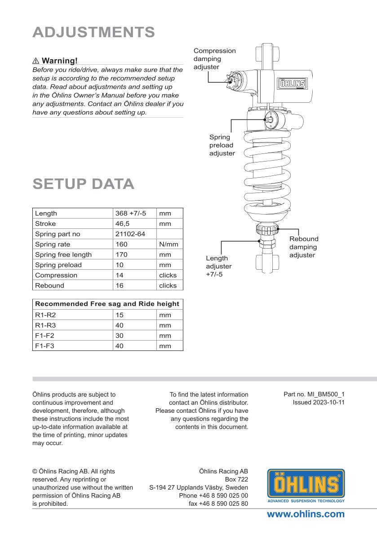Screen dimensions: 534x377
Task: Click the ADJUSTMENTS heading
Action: coord(93,32)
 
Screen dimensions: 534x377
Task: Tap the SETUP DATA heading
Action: coord(83,184)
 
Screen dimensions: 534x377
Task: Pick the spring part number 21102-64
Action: coord(130,234)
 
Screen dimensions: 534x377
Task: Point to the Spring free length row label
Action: coord(63,255)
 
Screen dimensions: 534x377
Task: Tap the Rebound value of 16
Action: coord(121,285)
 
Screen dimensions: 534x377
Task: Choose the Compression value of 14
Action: coord(121,275)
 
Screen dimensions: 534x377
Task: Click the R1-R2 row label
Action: coord(45,315)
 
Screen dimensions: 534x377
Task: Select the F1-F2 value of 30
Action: coord(120,336)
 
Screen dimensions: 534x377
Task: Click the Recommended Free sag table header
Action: coord(107,304)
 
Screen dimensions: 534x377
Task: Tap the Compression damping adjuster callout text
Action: coord(214,59)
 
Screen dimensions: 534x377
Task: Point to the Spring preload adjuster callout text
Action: coord(222,145)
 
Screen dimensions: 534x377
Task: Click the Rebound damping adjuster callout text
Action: coord(303,247)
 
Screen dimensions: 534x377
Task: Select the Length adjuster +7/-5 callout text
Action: coord(218,266)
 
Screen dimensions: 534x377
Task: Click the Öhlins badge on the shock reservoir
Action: coord(293,83)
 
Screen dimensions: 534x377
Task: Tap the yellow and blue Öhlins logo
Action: coord(306,486)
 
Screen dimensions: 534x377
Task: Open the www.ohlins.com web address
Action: coord(306,514)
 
